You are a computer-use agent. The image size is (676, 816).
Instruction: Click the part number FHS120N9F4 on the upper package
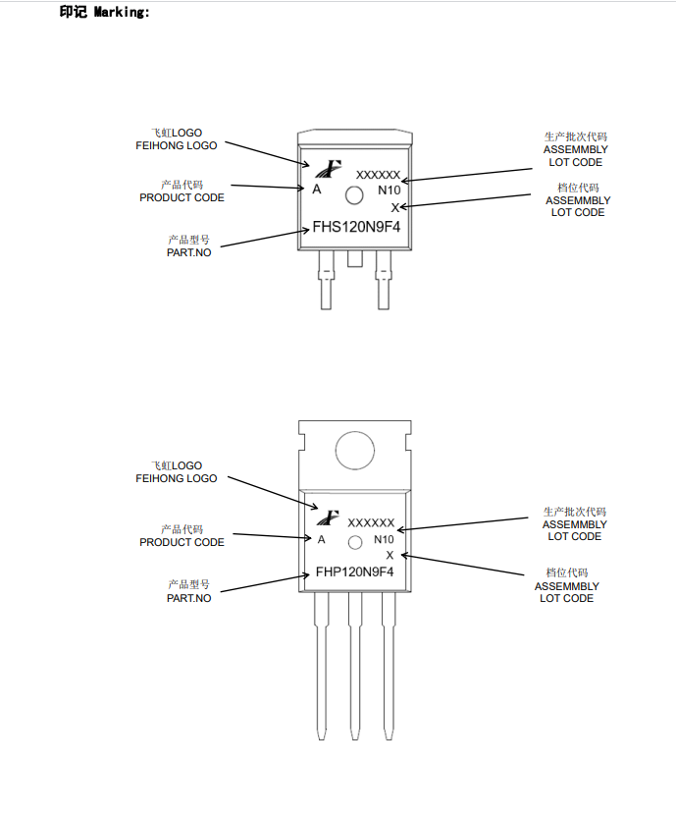tap(356, 228)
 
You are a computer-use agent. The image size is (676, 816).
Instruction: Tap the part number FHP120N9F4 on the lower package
tap(354, 571)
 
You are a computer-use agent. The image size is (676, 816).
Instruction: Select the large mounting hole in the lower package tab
tap(355, 451)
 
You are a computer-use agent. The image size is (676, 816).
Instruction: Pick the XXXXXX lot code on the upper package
tap(378, 175)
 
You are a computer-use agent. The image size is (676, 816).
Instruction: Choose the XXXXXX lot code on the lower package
tap(371, 523)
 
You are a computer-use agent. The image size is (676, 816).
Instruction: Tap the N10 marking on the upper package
tap(390, 190)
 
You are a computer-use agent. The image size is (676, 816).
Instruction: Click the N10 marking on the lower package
tap(384, 540)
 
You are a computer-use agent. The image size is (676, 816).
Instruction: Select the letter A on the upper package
tap(317, 190)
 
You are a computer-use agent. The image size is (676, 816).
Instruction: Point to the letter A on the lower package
tap(321, 539)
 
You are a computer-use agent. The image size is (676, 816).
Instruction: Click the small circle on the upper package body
tap(354, 195)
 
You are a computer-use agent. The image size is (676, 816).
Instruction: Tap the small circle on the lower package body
tap(354, 543)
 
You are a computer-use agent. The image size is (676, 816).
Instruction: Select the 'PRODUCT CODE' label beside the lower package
tap(182, 542)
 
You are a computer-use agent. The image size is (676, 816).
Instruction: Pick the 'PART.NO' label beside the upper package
tap(188, 252)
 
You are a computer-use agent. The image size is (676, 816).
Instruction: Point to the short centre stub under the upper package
tap(355, 258)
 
